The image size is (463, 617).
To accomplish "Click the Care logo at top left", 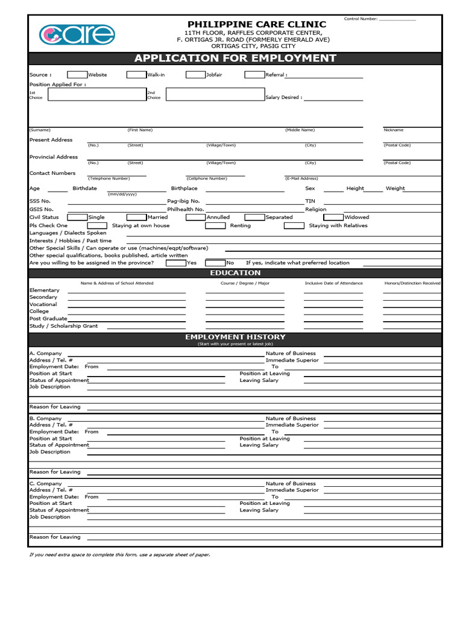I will [77, 34].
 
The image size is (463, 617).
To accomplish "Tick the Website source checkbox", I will [77, 75].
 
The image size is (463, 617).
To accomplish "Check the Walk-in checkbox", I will [136, 75].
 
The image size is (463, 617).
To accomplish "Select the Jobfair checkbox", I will [195, 75].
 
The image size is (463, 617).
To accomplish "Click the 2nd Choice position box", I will [214, 94].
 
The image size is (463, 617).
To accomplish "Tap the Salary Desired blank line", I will [333, 97].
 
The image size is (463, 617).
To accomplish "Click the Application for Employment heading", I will [235, 58].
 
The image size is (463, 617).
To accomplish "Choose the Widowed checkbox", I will [333, 217].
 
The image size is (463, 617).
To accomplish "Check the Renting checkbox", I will [215, 225].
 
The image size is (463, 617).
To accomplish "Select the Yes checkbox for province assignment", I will [175, 263].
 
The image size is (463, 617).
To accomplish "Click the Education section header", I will [235, 273].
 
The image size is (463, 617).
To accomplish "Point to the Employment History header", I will [235, 337].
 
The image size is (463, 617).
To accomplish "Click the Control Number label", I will [361, 19].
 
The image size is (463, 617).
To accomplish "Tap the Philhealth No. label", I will [186, 209].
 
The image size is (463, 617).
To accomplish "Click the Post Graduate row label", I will [48, 318].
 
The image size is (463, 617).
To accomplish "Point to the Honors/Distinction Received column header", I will [412, 283].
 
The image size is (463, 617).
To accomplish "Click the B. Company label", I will [45, 418].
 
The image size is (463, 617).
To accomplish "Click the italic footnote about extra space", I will [120, 554].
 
